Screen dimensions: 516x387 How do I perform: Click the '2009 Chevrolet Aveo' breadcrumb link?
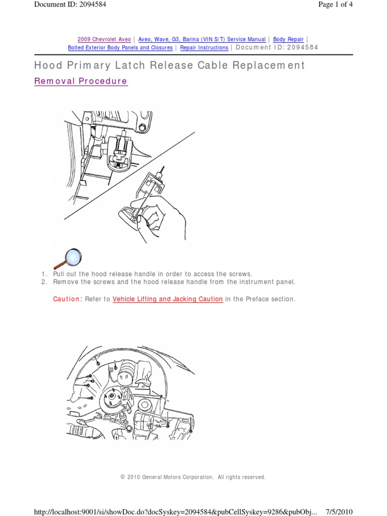[104, 39]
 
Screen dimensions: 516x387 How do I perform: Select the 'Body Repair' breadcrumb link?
[289, 39]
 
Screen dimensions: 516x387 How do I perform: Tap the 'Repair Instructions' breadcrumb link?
[204, 47]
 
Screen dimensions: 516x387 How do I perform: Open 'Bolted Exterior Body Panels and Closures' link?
[120, 47]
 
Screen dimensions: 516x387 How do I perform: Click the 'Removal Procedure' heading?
[81, 81]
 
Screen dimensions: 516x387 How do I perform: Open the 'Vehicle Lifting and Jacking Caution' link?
[168, 299]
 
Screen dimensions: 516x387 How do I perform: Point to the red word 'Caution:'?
[67, 299]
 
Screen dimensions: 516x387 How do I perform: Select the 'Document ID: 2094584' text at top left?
[70, 5]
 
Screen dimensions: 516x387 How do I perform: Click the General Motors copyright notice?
[193, 477]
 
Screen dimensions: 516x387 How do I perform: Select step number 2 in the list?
[44, 282]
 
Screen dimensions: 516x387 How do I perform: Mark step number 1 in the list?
[44, 274]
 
